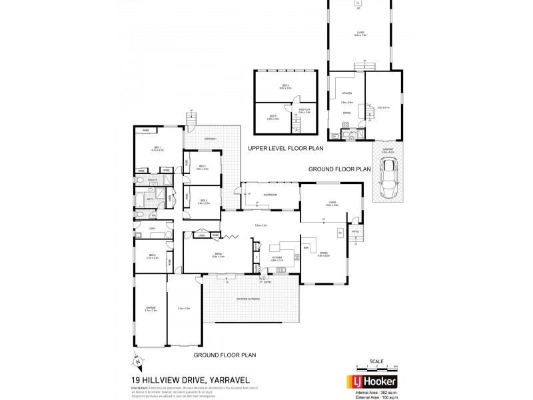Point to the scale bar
coord(376,367)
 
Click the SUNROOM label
coord(270,195)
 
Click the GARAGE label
coord(150,308)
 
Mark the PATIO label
coord(356,232)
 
